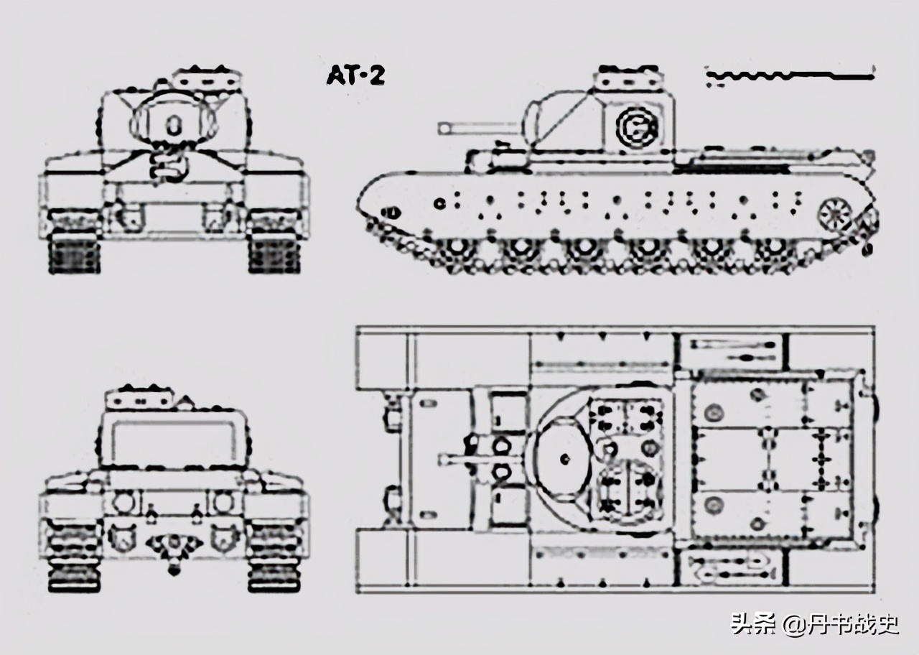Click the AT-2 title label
coord(355,75)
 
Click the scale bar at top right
coord(790,74)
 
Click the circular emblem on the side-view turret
coord(636,126)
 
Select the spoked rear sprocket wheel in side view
coord(834,213)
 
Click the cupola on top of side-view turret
coord(628,77)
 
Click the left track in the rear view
coord(73,557)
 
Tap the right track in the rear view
coord(274,557)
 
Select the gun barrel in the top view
coord(467,458)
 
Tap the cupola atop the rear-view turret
coord(140,398)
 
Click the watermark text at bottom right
coord(814,623)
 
